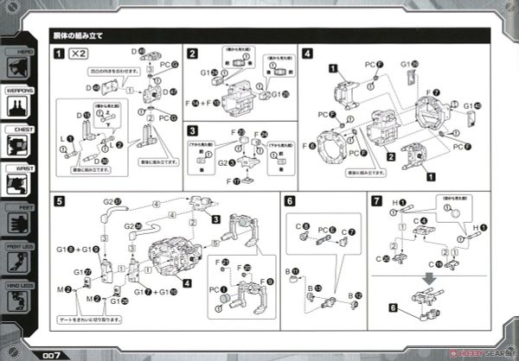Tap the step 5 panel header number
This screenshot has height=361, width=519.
click(58, 201)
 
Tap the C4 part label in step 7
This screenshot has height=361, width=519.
click(420, 220)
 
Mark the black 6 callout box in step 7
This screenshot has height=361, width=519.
click(393, 307)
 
